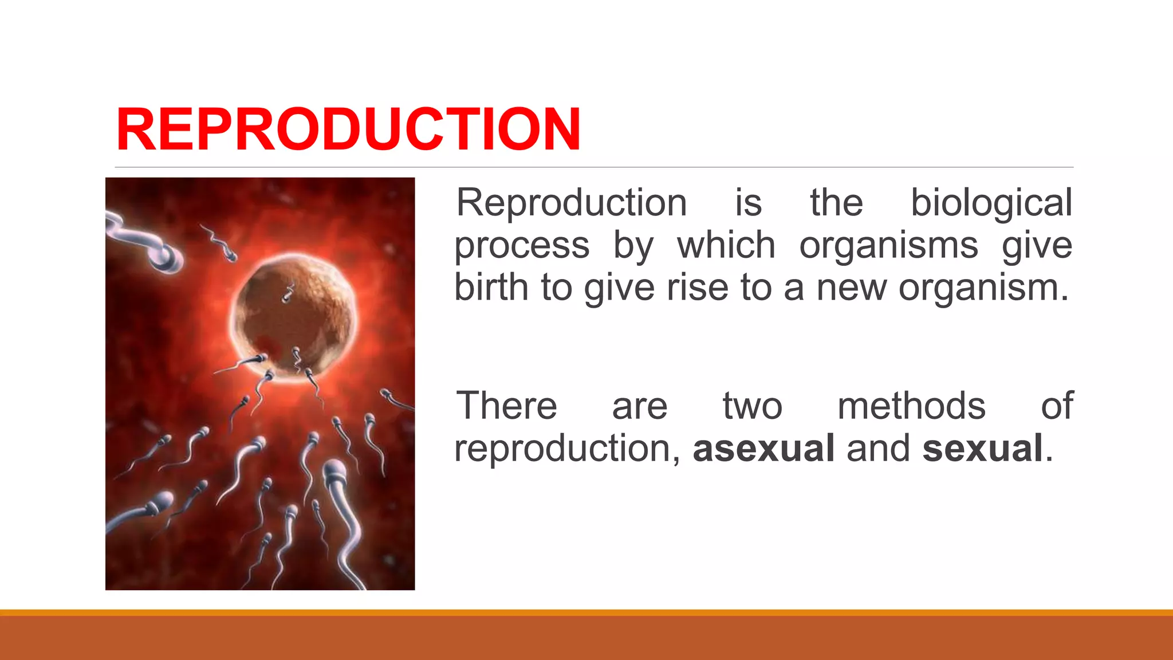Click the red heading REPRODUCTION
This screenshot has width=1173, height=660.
pos(348,130)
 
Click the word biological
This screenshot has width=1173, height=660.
pos(991,203)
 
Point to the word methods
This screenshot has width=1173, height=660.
pos(911,406)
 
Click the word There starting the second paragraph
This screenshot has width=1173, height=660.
pos(506,406)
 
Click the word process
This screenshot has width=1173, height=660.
pos(522,246)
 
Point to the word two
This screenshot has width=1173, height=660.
pos(752,406)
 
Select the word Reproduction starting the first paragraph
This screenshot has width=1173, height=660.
pos(571,203)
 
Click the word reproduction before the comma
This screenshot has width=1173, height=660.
pos(564,449)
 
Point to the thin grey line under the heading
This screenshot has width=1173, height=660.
pos(594,167)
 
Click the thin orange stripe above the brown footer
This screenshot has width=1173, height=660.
pos(586,612)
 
